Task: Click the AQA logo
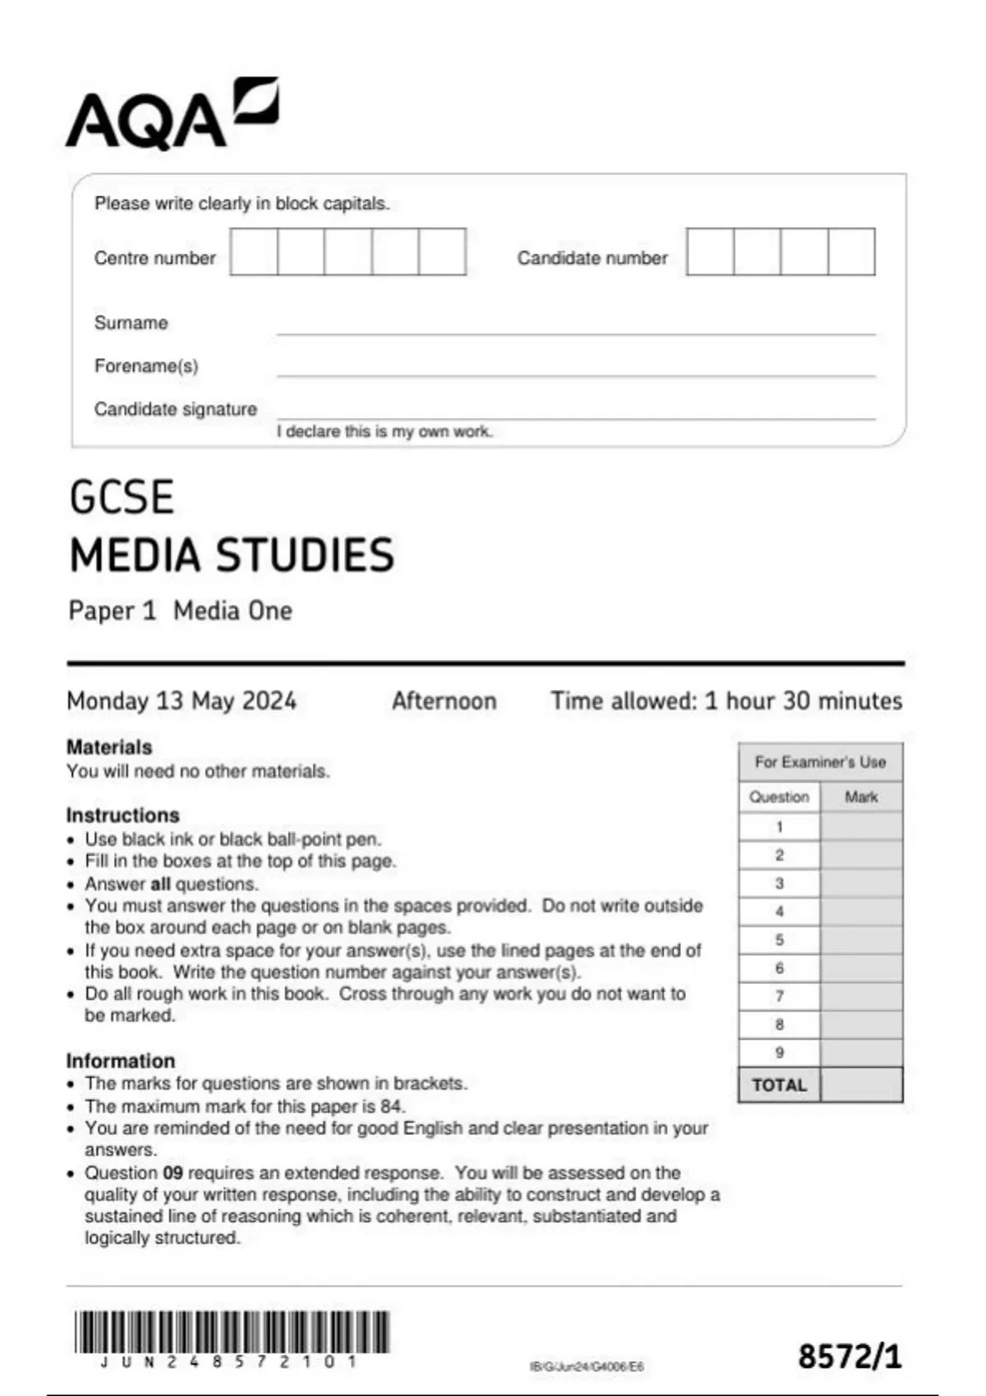[x=173, y=115]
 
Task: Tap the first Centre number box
[x=254, y=252]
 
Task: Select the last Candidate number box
[x=851, y=252]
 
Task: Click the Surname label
[x=131, y=323]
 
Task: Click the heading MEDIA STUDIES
[x=232, y=555]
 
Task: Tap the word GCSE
[x=122, y=498]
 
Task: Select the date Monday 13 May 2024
[x=181, y=700]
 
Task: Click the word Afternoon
[x=444, y=700]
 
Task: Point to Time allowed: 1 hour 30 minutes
[x=726, y=700]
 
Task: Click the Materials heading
[x=109, y=747]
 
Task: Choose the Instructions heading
[x=122, y=815]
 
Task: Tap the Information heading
[x=121, y=1060]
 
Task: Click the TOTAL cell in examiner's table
[x=779, y=1085]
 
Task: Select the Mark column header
[x=861, y=797]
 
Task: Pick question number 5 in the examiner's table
[x=779, y=939]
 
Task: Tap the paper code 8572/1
[x=850, y=1356]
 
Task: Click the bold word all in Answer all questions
[x=160, y=884]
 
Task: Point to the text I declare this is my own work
[x=385, y=432]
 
